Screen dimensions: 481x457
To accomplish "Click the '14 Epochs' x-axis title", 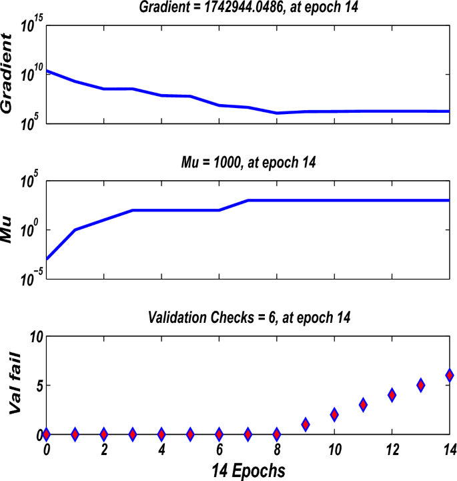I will [248, 471].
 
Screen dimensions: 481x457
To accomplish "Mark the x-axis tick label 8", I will [277, 450].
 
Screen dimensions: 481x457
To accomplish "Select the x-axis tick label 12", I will [392, 450].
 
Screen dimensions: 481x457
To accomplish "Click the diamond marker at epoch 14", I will [450, 376].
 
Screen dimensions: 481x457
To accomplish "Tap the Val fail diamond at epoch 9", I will [306, 424].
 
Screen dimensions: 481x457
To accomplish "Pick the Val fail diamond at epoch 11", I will [363, 405].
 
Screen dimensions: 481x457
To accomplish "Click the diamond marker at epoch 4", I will [161, 434].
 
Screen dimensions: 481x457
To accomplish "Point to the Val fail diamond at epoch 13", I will [421, 385].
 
